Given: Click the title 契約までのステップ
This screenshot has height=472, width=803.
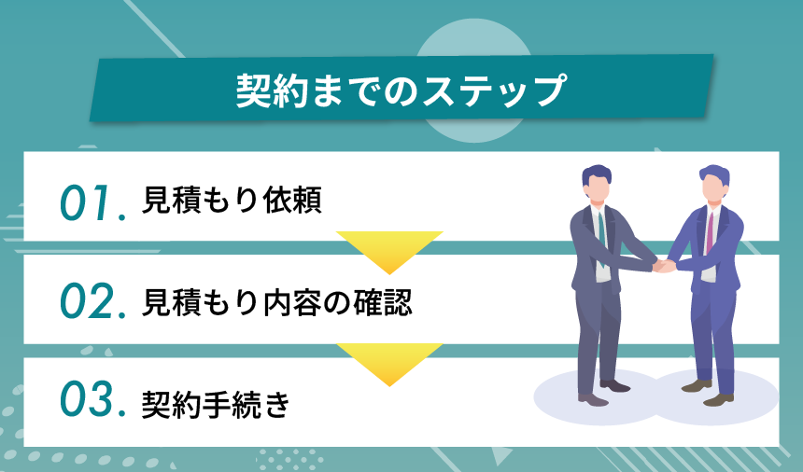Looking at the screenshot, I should pos(401,91).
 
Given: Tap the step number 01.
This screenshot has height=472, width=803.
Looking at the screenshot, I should pos(92,202).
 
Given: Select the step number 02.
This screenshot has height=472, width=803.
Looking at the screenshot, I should pos(92,303).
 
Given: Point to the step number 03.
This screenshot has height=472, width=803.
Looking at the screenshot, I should pos(92,402).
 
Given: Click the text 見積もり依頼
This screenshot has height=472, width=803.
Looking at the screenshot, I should pos(232,201).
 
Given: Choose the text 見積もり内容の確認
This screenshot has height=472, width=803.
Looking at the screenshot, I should pos(276,302).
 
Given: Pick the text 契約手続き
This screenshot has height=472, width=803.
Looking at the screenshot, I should pos(216,403).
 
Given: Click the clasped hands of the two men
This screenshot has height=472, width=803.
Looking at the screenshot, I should pos(664,266).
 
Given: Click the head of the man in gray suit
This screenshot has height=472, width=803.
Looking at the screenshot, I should pos(598,183).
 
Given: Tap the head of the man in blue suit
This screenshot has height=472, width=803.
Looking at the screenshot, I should pos(713,183).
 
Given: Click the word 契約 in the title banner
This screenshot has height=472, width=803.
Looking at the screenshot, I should pos(266,91).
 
